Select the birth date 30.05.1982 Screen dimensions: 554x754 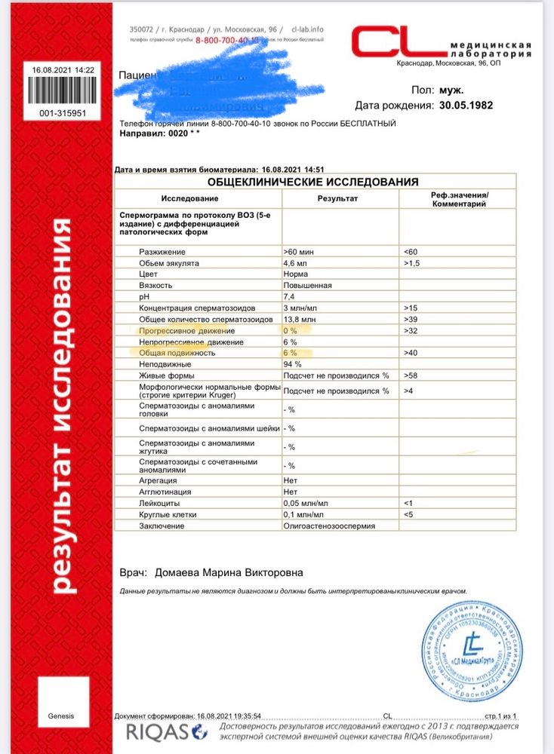(466, 106)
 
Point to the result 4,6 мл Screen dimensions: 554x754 (296, 262)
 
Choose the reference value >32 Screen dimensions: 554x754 (411, 331)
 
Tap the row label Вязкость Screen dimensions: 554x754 (156, 286)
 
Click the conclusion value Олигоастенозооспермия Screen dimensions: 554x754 (328, 525)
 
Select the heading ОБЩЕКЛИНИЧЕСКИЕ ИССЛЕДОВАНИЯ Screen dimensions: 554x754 (314, 182)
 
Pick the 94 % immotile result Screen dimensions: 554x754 (291, 364)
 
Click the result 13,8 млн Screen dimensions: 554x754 (300, 320)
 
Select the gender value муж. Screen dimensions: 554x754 (451, 90)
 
